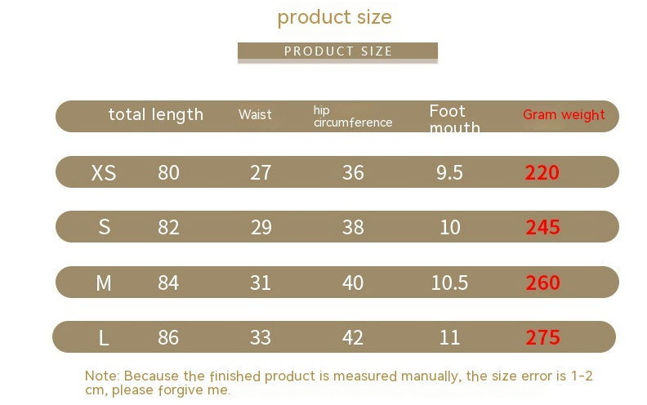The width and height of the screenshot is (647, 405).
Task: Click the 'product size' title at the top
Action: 334,16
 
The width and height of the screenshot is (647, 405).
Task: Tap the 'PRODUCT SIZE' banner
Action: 337,51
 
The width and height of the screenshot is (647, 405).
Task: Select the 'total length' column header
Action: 155,114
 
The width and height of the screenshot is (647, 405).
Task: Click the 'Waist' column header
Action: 255,114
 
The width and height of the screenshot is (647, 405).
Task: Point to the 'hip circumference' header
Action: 353,116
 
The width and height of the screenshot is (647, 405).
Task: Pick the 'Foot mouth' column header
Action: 454,119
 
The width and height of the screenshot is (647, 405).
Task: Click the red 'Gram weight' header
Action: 564,114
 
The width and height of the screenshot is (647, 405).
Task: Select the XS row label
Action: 104,172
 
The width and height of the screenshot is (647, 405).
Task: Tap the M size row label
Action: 104,283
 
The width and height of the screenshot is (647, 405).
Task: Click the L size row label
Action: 104,337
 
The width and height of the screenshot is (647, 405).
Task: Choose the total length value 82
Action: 168,227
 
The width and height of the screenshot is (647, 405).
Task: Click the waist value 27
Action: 261,172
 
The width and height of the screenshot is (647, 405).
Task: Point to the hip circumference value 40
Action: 353,283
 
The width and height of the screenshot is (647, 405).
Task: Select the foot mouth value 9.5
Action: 450,172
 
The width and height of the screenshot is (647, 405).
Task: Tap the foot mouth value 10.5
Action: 450,283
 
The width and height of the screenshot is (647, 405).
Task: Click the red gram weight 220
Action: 542,172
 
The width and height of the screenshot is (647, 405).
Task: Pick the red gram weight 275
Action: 542,337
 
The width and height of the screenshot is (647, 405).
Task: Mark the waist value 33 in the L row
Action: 261,337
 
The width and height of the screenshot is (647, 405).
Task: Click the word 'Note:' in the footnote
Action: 102,376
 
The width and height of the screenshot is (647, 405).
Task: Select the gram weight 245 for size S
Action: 542,227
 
